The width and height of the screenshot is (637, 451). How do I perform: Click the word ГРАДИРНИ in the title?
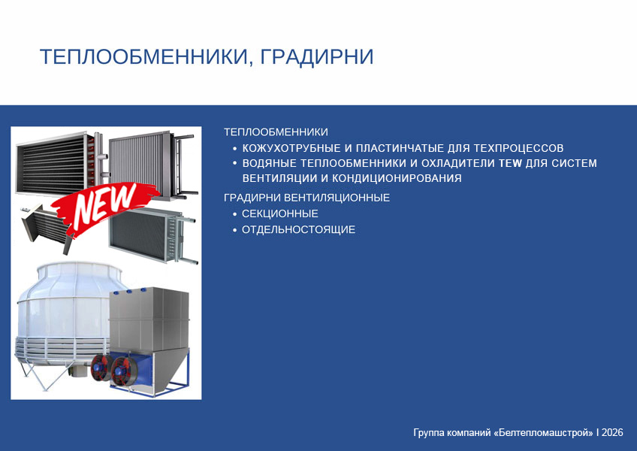click(316, 56)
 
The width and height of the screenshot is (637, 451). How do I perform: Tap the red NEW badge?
click(105, 208)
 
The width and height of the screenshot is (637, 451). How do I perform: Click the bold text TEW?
click(510, 163)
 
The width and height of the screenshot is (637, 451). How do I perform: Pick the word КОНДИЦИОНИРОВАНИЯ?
click(397, 178)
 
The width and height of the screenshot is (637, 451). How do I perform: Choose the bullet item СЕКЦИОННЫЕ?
click(280, 213)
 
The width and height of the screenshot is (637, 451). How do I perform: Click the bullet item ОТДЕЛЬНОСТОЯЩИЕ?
click(299, 230)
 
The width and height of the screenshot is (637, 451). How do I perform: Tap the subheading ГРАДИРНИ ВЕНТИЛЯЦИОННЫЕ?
click(306, 198)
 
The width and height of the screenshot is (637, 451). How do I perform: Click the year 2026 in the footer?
click(612, 432)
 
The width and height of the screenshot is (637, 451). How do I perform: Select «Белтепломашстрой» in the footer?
click(544, 432)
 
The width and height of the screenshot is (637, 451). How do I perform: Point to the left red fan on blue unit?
click(101, 367)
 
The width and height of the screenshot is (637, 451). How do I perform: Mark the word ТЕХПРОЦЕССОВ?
click(518, 148)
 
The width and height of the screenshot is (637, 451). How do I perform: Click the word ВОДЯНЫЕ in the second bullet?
click(269, 163)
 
